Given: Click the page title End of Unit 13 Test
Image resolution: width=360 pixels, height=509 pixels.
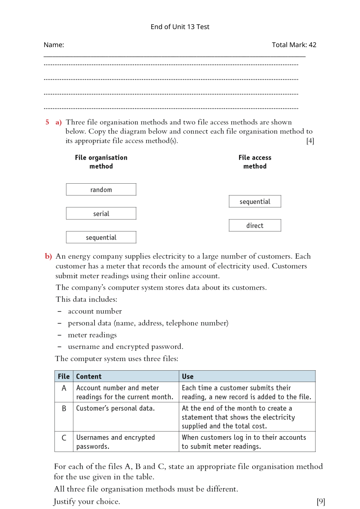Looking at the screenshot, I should pos(180,27).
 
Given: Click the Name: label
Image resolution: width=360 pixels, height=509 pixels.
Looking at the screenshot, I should pos(54,45).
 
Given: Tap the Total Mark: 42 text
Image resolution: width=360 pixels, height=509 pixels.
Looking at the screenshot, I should pos(294,45).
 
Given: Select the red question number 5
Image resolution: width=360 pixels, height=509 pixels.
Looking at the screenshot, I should pos(47,122).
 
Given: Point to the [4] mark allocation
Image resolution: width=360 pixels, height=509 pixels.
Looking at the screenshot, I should pos(310,141).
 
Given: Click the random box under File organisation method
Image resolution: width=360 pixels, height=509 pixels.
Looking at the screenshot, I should pos(101,190).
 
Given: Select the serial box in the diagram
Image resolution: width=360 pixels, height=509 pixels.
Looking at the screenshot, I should pos(101,213).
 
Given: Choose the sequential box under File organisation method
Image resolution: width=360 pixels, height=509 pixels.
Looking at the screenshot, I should pos(101,237).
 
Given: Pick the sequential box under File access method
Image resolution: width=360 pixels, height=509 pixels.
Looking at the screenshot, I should pos(255,201).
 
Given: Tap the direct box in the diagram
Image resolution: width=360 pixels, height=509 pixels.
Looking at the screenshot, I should pos(255,225).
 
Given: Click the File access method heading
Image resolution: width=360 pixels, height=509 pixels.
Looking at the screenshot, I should pos(255,162).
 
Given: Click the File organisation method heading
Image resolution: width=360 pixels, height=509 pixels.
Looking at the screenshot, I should pos(101,162).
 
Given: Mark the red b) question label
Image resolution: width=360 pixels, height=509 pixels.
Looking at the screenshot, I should pos(48,256).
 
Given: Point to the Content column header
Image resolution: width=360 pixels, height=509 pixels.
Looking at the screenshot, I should pos(89,377).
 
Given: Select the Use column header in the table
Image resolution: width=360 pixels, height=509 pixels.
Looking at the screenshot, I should pos(187,377).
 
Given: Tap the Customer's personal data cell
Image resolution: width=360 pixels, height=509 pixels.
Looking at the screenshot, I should pos(115,408).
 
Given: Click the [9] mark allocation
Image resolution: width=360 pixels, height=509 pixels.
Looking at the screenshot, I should pos(321,501).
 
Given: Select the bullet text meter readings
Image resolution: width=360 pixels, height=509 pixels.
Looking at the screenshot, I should pos(92,335).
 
